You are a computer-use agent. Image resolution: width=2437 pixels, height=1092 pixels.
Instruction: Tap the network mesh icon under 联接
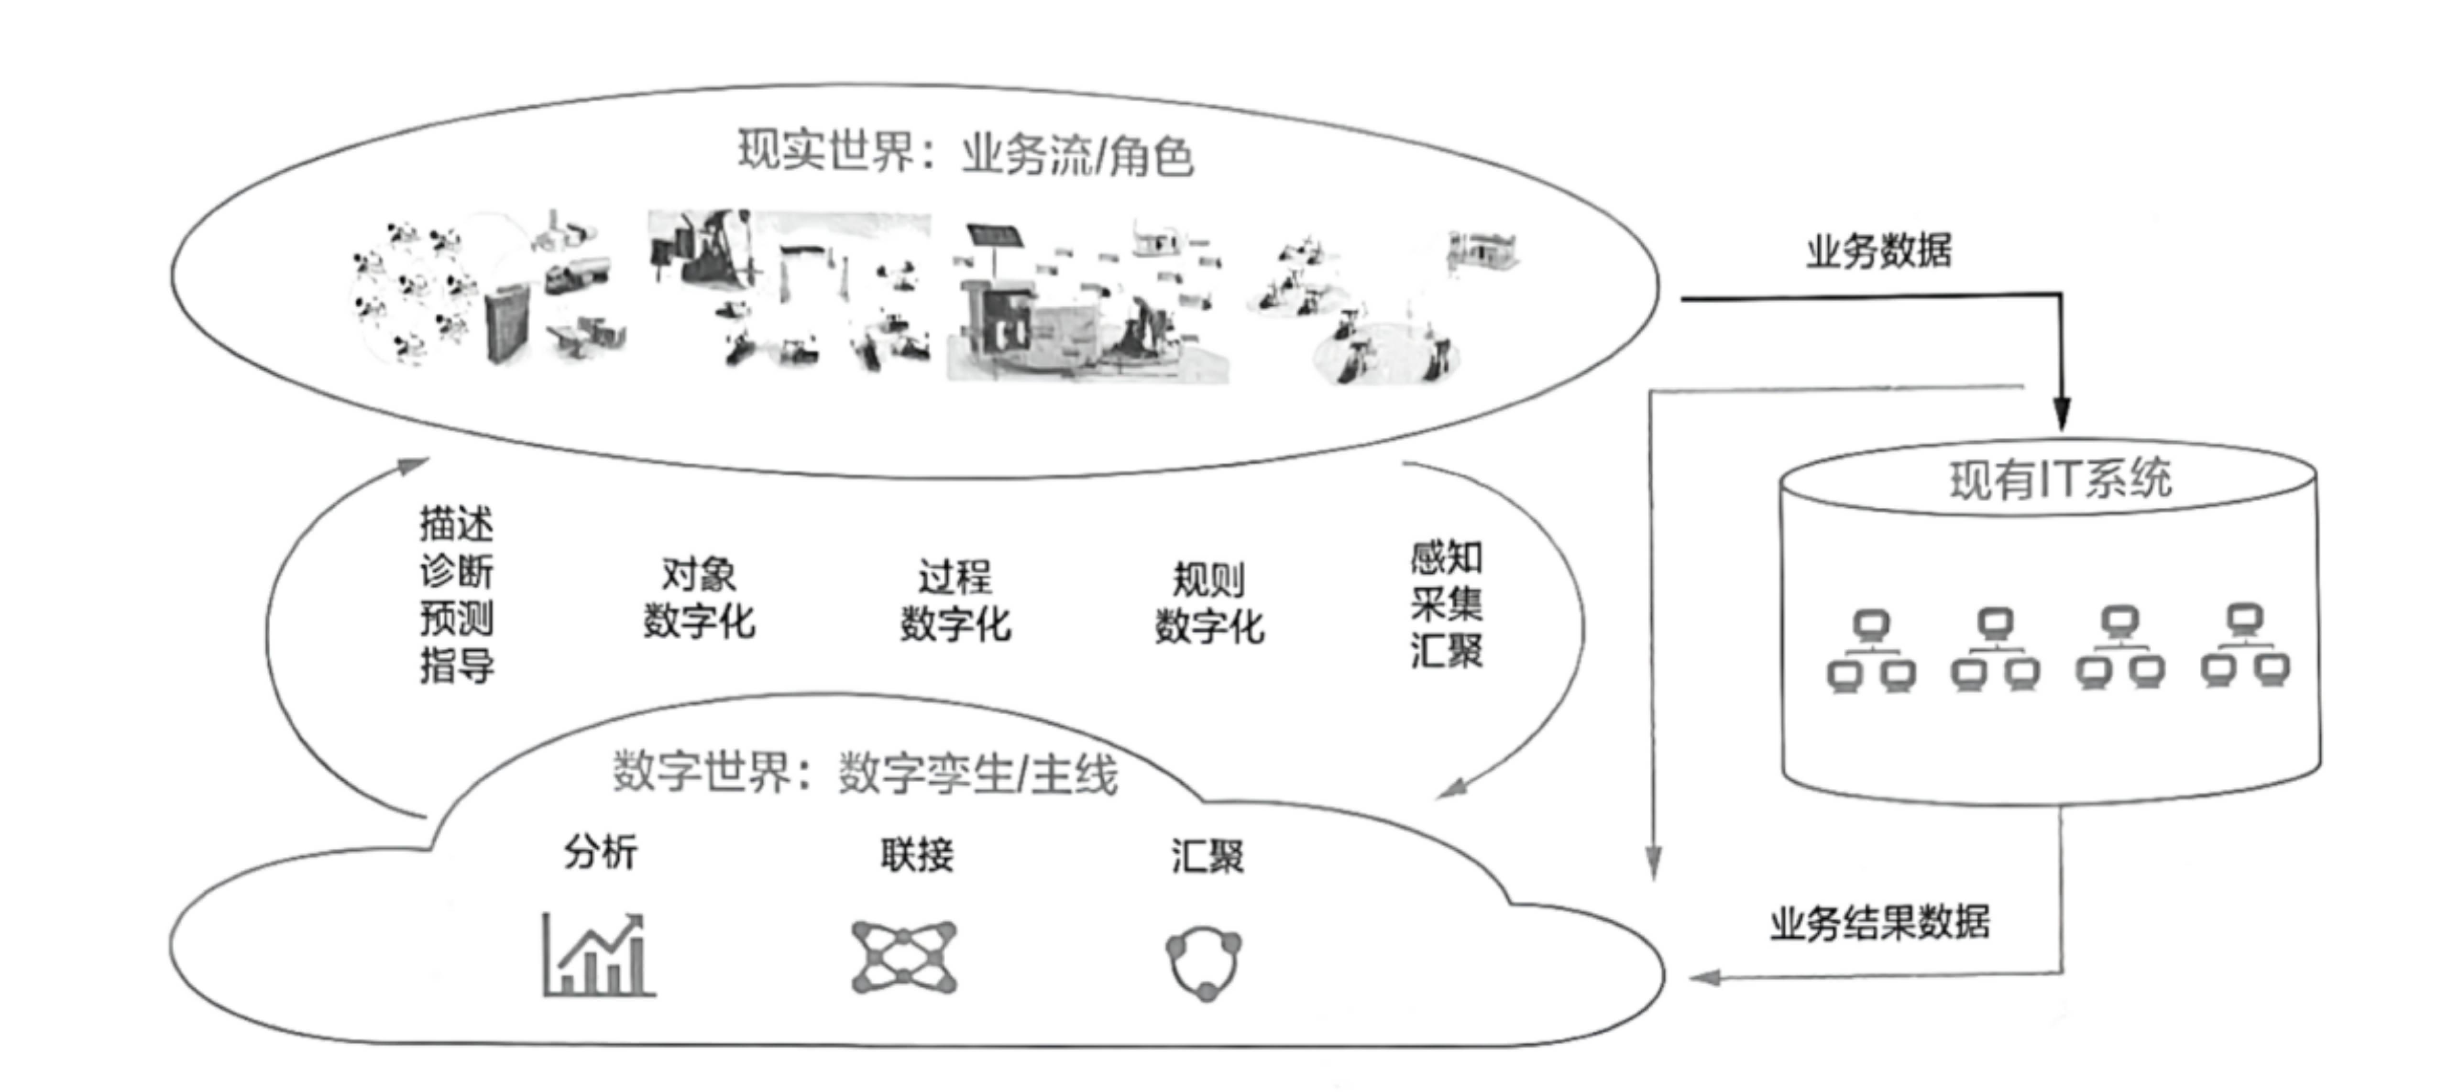point(903,957)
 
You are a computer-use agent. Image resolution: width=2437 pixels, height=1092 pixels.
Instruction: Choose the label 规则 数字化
point(1209,603)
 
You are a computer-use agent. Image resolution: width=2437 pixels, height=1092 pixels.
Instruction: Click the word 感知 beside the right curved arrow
point(1446,558)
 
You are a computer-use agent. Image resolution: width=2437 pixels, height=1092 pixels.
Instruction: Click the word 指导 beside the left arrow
point(456,666)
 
